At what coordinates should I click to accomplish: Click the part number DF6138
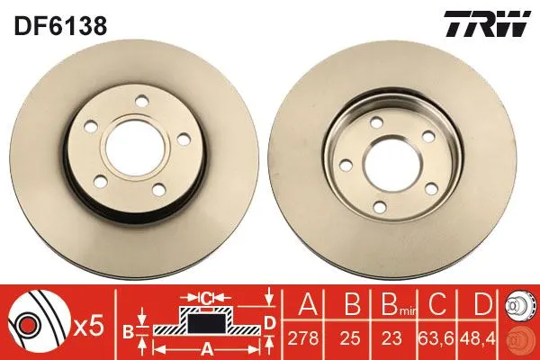[x=60, y=25]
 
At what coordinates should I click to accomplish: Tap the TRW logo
[x=487, y=23]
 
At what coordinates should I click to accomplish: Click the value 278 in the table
[x=303, y=338]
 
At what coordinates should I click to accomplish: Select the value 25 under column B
[x=352, y=338]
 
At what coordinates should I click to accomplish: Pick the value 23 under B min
[x=391, y=338]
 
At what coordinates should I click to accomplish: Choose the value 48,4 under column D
[x=476, y=338]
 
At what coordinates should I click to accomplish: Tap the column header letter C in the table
[x=437, y=303]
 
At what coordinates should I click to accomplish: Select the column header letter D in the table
[x=482, y=303]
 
